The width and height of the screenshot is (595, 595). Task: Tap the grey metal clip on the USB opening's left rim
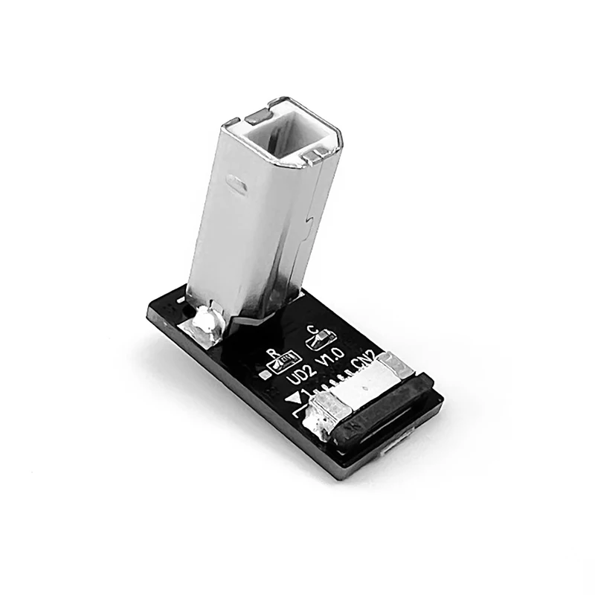(x=258, y=115)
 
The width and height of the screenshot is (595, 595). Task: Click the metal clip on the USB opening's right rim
(x=317, y=154)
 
